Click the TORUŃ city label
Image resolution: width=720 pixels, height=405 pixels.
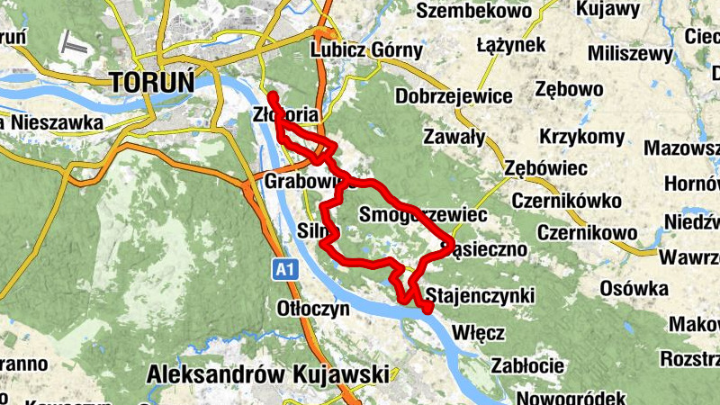[x=152, y=82]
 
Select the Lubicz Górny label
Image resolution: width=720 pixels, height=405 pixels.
[x=365, y=50]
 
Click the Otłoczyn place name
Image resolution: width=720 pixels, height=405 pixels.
[x=312, y=308]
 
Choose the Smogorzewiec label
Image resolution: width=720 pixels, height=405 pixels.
[x=422, y=215]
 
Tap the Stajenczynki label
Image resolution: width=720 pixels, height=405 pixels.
[x=481, y=295]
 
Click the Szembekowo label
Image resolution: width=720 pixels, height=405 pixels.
[x=475, y=12]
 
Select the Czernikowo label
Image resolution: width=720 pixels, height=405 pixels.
[x=587, y=232]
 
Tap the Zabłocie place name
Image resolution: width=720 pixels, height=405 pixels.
[x=527, y=365]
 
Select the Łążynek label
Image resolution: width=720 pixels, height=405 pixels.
[x=512, y=44]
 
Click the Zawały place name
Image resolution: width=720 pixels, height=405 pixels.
[x=454, y=138]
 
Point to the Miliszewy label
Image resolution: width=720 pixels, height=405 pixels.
[x=631, y=54]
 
